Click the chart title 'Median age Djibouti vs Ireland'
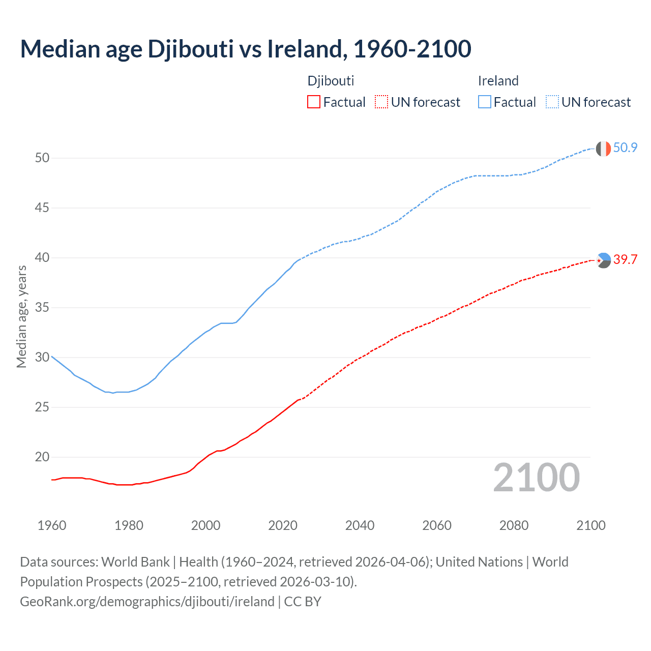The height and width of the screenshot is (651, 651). point(245,49)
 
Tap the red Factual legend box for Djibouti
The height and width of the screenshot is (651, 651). point(314,102)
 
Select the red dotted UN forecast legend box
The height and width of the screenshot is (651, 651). point(381,102)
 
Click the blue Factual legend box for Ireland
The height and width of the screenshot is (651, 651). point(485,102)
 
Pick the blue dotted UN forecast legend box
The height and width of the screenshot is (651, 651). point(552,102)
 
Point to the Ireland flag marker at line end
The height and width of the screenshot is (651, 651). point(603,149)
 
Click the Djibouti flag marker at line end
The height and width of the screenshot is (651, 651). point(603,260)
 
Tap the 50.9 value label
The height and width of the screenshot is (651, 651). point(625,148)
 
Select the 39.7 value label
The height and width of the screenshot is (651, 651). point(625,260)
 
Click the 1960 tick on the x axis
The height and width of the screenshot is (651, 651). point(52,525)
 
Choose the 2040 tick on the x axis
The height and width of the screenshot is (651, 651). point(360,525)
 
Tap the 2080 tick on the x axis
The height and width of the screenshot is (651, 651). point(514,525)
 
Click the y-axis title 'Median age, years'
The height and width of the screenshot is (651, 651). point(21,316)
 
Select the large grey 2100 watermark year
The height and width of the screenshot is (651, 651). point(536,478)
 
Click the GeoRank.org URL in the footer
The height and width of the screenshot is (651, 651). point(147,602)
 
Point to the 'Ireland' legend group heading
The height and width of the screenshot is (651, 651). point(498,81)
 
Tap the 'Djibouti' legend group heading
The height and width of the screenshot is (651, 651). point(331,81)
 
